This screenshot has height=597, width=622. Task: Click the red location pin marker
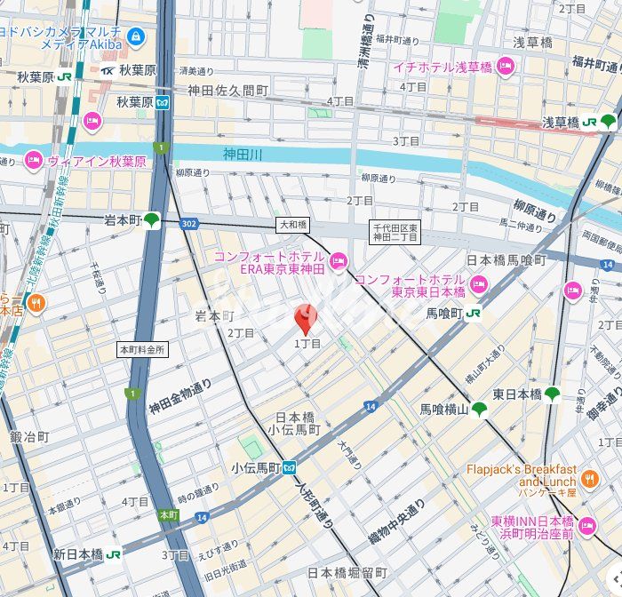(305, 319)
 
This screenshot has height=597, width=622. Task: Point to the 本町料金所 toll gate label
(142, 350)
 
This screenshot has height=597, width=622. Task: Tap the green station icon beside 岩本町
(153, 220)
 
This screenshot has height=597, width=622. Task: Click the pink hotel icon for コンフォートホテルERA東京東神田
(338, 261)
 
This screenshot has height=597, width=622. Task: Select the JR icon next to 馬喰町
(474, 313)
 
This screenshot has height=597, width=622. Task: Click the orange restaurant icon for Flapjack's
(590, 478)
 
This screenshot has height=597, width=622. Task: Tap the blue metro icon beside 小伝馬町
(291, 467)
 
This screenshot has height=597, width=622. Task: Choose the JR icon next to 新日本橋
(114, 553)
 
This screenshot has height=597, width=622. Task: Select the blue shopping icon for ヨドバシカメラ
(135, 36)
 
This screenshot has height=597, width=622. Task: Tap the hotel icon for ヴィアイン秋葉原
(34, 161)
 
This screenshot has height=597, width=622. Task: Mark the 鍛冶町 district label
(29, 437)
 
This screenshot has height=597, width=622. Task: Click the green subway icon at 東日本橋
(553, 394)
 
